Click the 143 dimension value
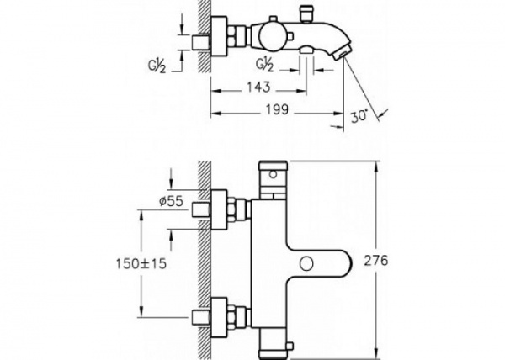tap(258, 87)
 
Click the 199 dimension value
tap(277, 109)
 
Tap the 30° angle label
tap(359, 116)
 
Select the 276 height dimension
tap(376, 261)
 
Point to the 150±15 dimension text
tap(141, 264)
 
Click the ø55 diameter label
tap(171, 201)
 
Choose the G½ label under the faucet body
tap(265, 65)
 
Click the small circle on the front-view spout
tap(306, 263)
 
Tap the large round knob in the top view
tap(273, 37)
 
